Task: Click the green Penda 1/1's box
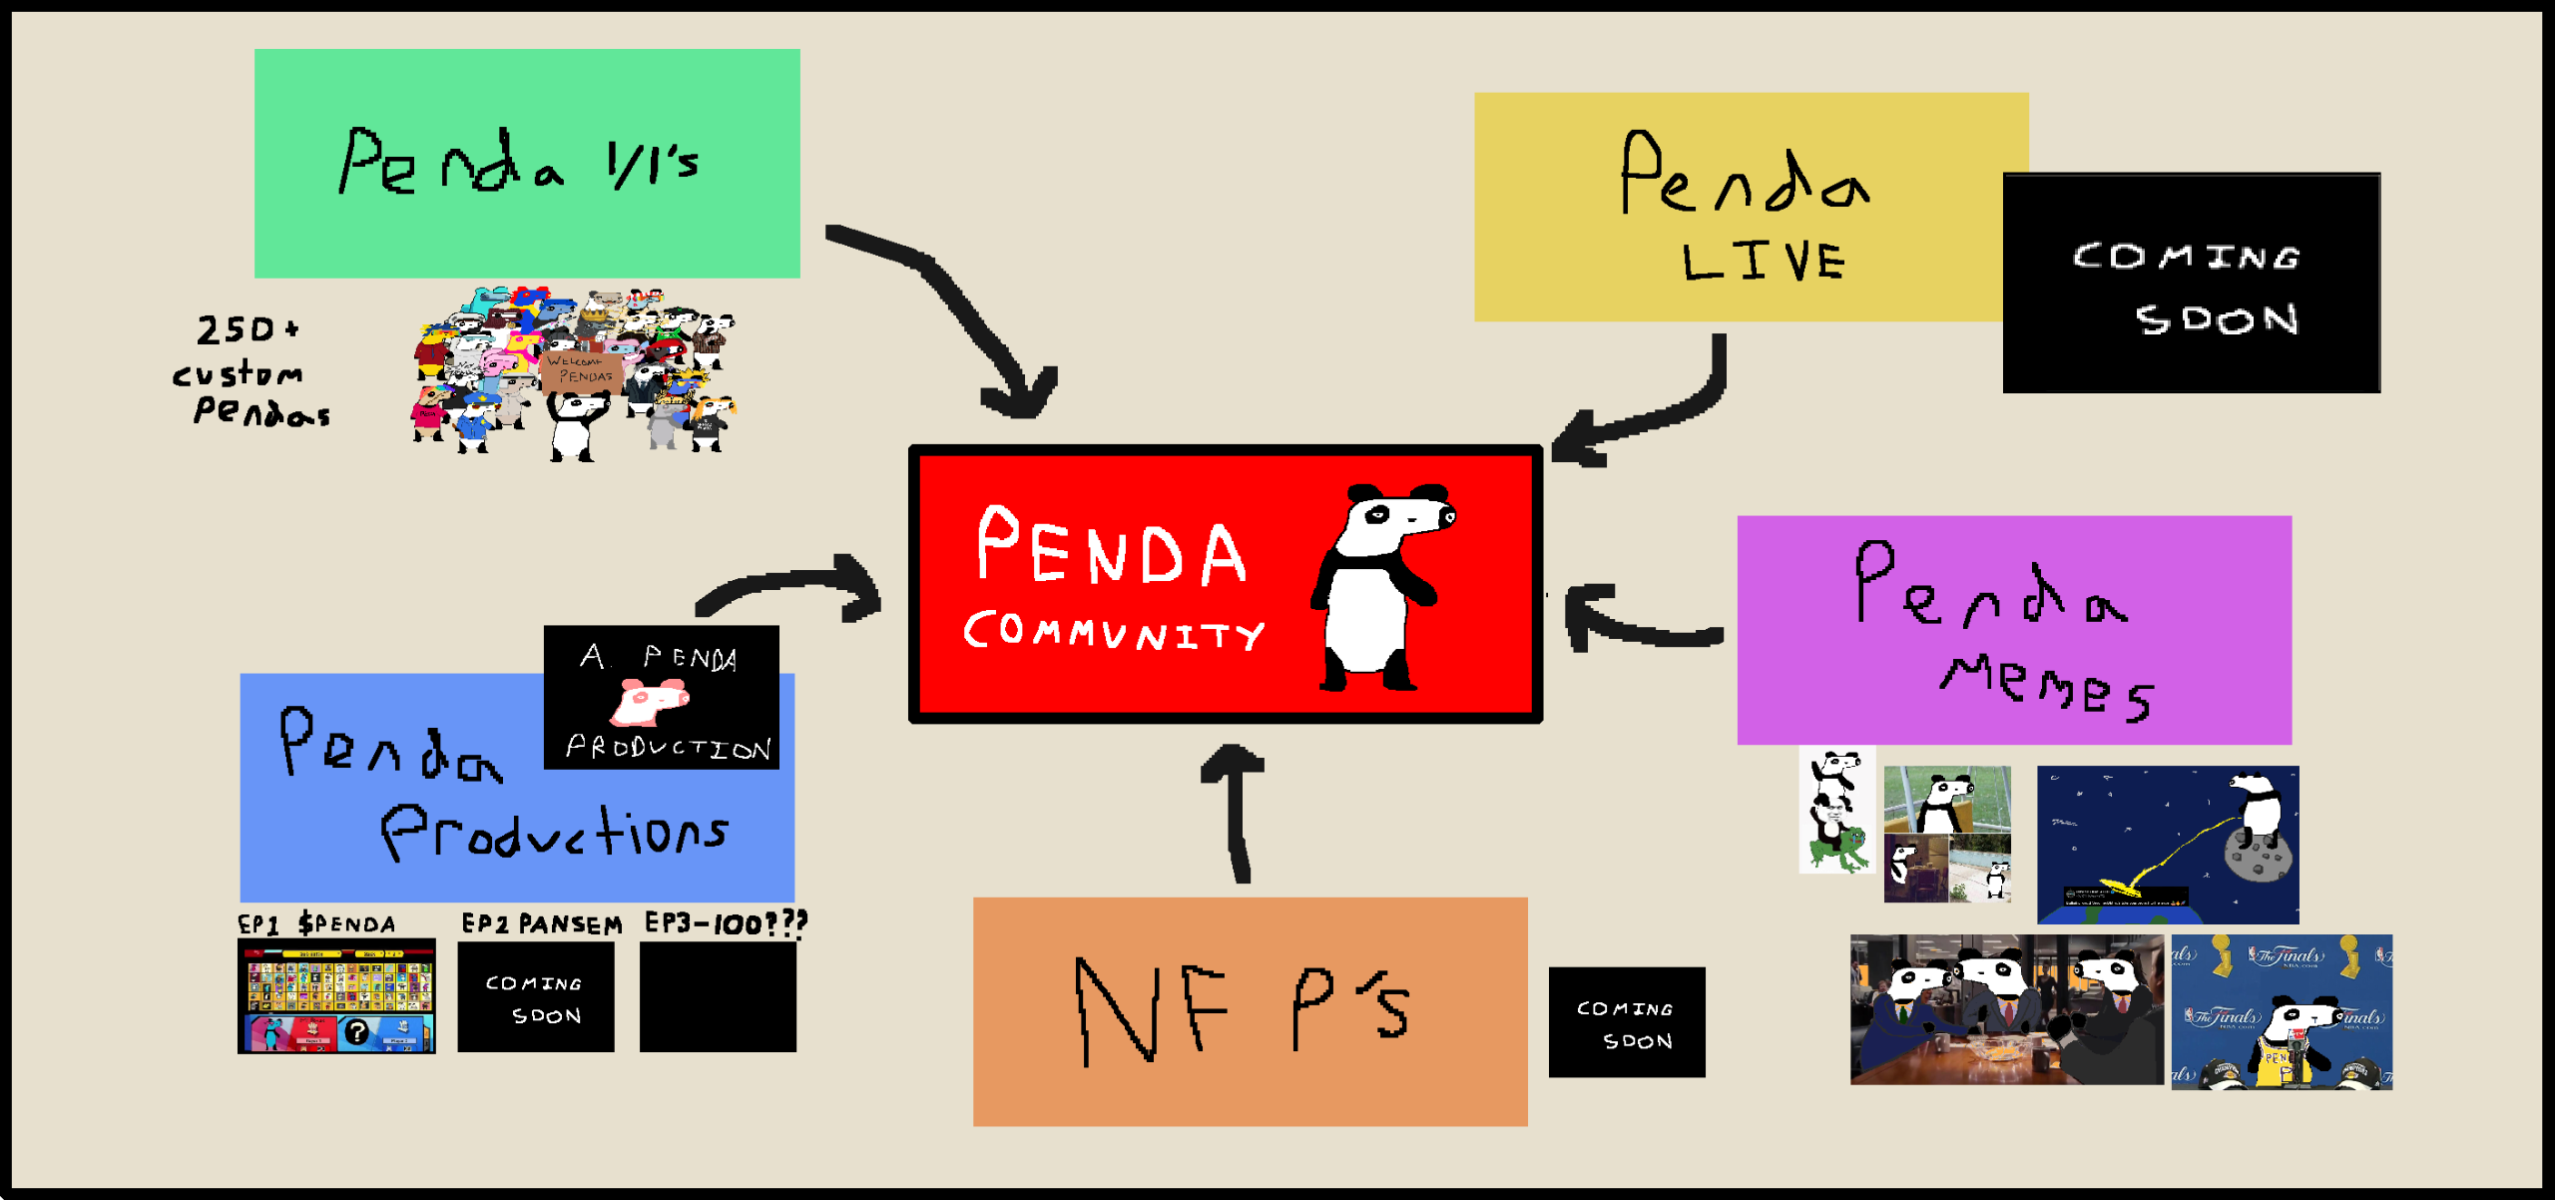click(527, 164)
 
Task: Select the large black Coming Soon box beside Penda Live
click(2191, 284)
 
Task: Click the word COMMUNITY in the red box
click(1113, 632)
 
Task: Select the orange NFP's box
click(1250, 1011)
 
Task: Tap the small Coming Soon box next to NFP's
click(1626, 1022)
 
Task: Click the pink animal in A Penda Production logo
click(650, 701)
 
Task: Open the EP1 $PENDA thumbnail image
click(336, 996)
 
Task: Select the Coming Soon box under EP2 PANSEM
click(536, 997)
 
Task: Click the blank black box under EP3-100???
click(718, 997)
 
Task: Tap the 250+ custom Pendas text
click(250, 372)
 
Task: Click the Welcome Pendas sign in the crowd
click(581, 369)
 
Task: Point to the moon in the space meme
click(2259, 859)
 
